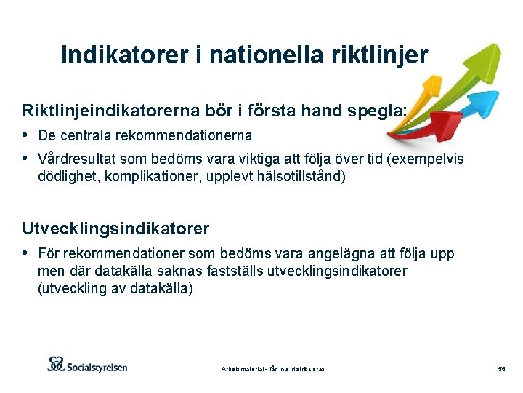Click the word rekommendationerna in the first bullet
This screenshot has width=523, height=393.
coord(191,135)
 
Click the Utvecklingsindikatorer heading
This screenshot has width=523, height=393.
coord(115,229)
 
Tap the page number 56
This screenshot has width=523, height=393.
coord(501,369)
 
